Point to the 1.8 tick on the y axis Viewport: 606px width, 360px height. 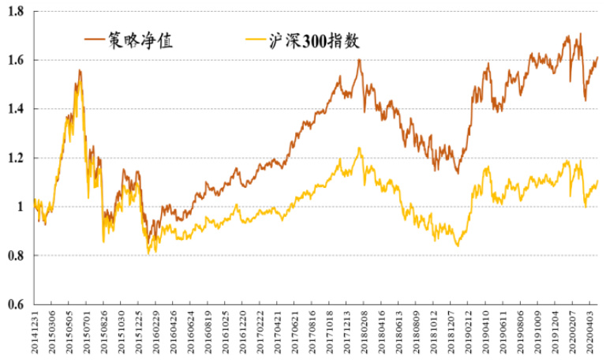click(x=15, y=12)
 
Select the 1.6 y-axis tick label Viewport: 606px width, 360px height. click(x=15, y=61)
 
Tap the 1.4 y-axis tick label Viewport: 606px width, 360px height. click(x=15, y=110)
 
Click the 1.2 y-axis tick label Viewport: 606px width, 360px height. click(x=15, y=159)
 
